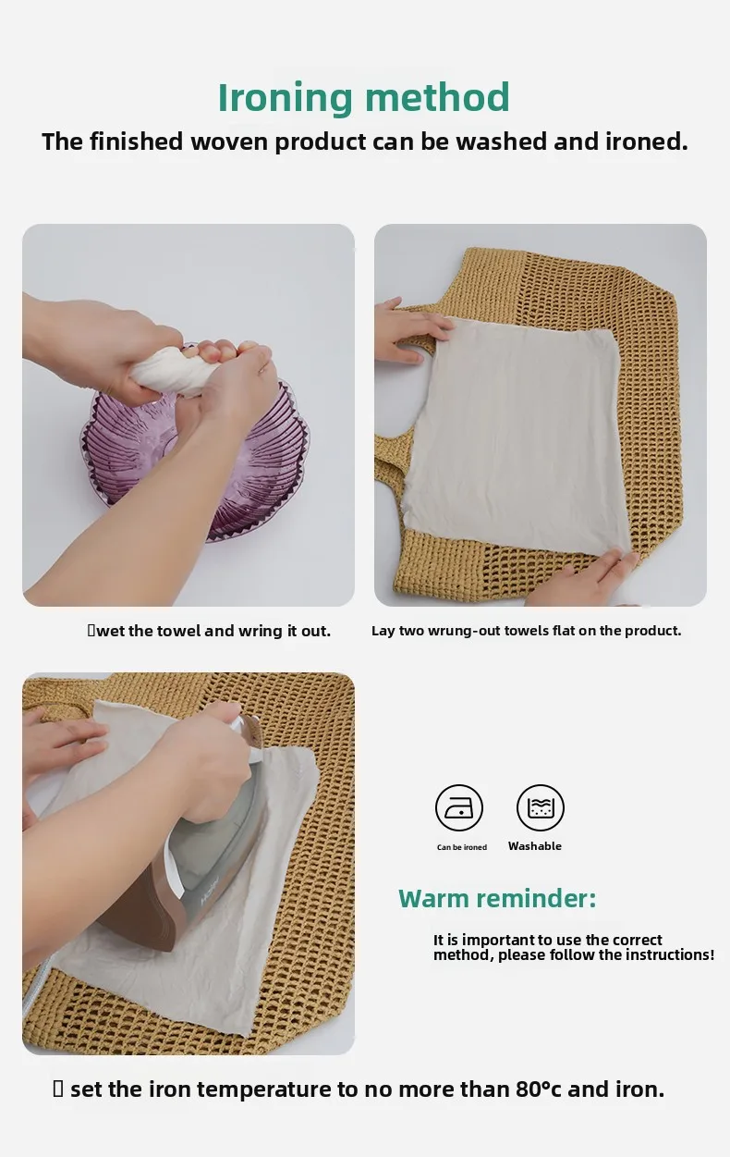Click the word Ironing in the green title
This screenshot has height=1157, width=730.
[286, 99]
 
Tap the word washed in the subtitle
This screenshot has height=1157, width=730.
[501, 142]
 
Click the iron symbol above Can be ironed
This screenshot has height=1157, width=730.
[459, 807]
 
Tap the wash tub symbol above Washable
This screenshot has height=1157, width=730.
[541, 807]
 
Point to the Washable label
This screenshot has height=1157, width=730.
[534, 846]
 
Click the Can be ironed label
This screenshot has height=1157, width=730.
[462, 847]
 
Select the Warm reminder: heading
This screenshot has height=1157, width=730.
[497, 898]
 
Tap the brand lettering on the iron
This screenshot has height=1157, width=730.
[210, 890]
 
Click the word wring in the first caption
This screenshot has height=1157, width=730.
[262, 631]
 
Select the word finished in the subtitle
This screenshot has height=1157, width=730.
[136, 142]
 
